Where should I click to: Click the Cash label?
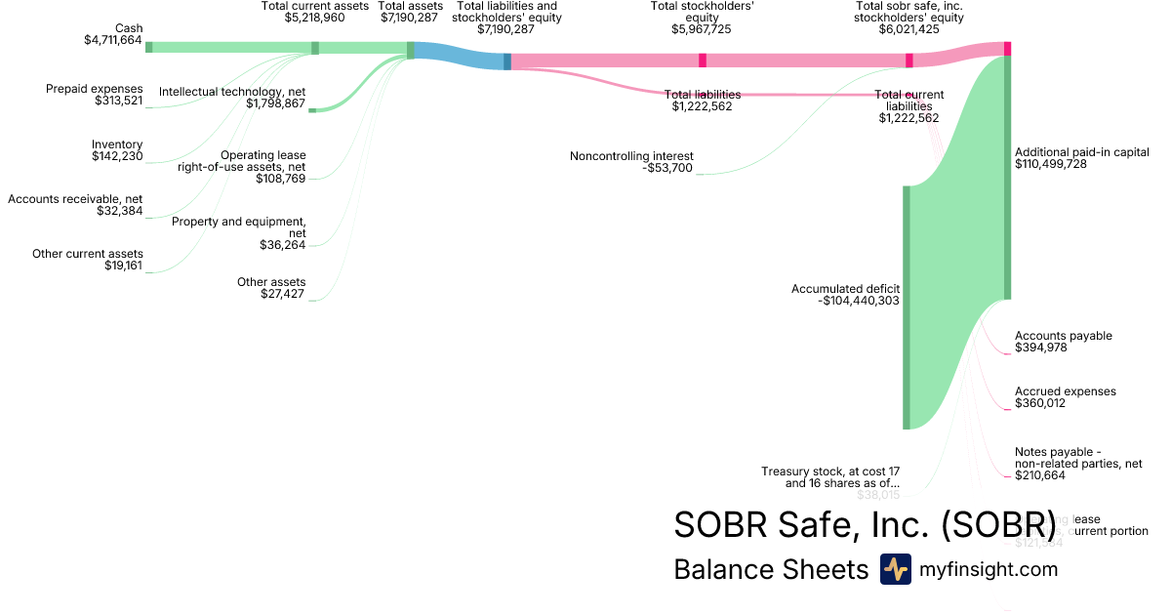click(128, 28)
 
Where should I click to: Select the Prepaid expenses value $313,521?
click(118, 101)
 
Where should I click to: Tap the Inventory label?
click(117, 144)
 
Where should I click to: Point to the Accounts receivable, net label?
click(75, 199)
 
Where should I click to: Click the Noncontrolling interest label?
click(631, 155)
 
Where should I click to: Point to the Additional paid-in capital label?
click(1082, 152)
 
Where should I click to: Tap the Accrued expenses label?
click(1066, 391)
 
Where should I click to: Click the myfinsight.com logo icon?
click(895, 569)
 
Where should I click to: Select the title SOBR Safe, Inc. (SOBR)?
click(865, 524)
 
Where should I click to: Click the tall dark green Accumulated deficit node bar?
click(907, 307)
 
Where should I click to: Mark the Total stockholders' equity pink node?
click(702, 61)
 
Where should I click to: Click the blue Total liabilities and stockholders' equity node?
click(507, 61)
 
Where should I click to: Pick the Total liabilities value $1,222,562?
click(702, 106)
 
